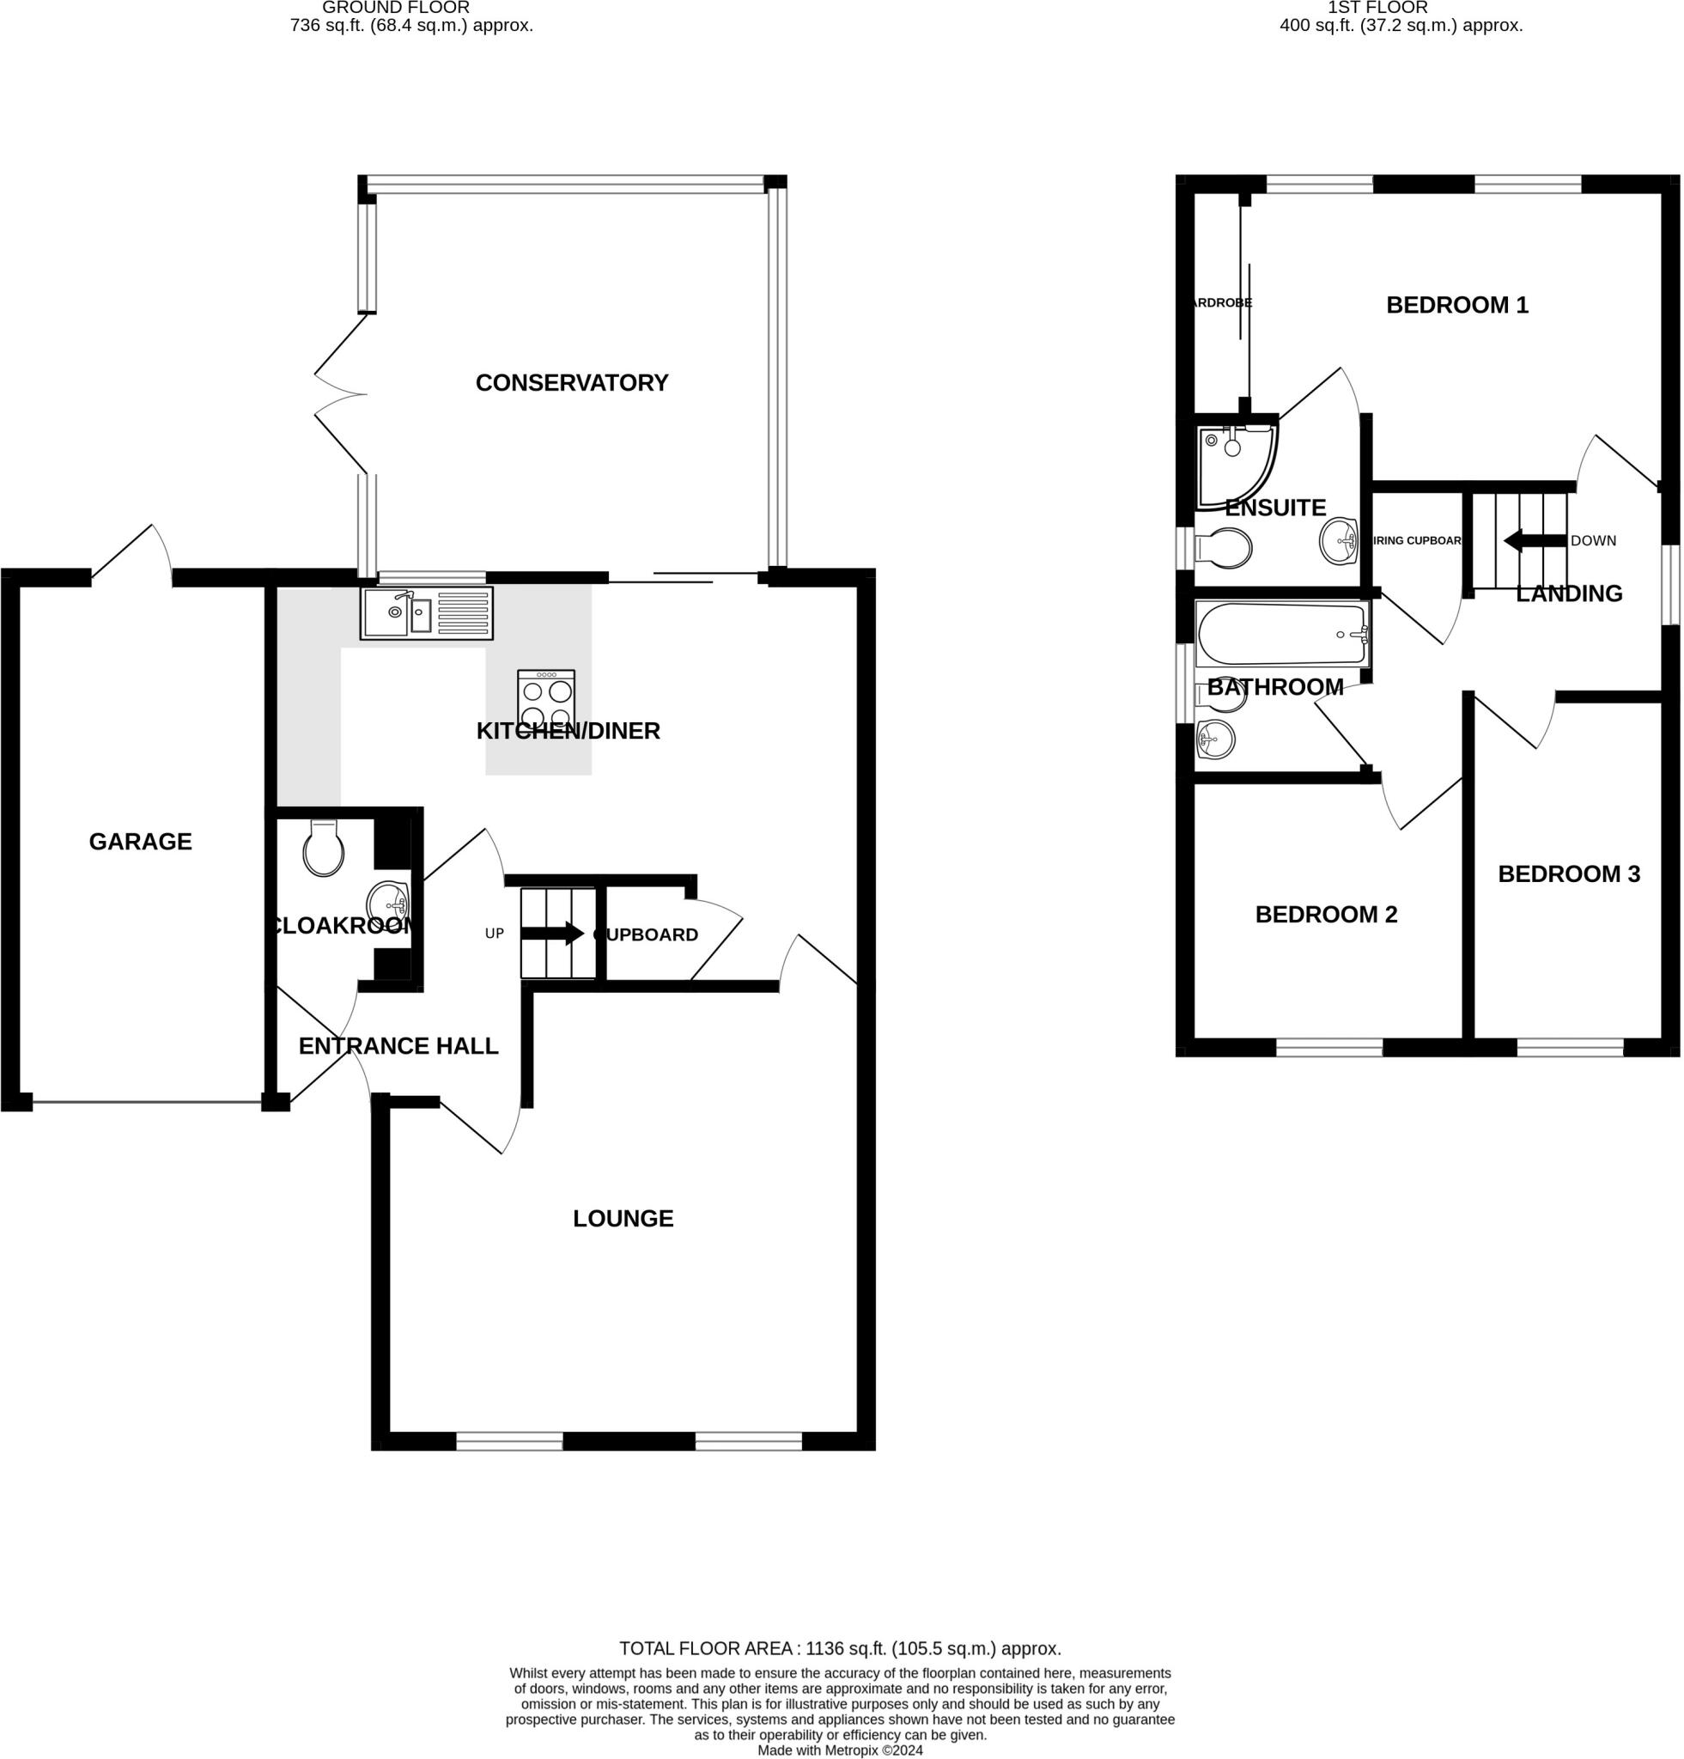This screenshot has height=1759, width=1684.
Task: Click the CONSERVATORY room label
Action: (x=572, y=383)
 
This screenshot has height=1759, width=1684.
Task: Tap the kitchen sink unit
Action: (x=426, y=613)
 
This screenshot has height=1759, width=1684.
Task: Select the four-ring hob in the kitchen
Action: (x=546, y=697)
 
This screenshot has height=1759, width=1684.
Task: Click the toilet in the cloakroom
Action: (x=323, y=848)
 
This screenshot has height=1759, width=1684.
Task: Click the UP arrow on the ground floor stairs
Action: (x=552, y=934)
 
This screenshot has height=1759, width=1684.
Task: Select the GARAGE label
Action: (x=140, y=842)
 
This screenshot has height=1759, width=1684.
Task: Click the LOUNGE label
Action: (x=623, y=1219)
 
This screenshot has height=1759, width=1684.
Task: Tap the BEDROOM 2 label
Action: (x=1325, y=915)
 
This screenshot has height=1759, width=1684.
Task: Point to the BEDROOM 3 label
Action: (x=1568, y=874)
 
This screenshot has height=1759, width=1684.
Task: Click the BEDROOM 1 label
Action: (x=1456, y=305)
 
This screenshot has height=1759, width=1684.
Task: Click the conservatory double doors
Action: (x=341, y=394)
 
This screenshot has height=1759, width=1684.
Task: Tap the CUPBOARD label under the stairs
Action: (x=646, y=935)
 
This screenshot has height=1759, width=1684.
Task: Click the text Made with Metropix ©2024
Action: (x=840, y=1750)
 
